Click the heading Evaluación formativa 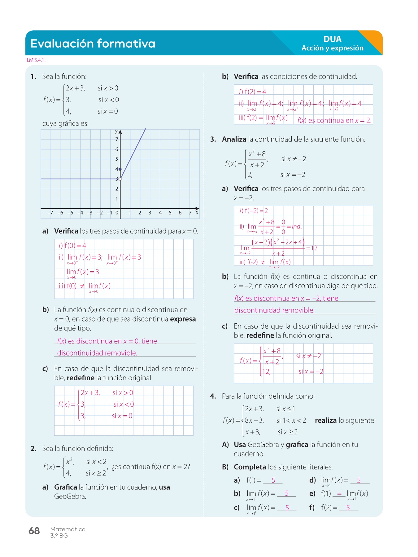[93, 44]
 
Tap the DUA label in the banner [332, 39]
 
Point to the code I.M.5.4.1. [36, 60]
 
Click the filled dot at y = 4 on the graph [120, 169]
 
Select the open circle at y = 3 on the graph [120, 179]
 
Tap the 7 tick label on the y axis [117, 140]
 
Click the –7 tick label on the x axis [50, 213]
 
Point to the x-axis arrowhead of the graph [197, 209]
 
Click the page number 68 [34, 531]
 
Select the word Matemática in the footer [68, 529]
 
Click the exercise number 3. [213, 140]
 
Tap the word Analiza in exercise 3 [234, 140]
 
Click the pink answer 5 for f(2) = [348, 508]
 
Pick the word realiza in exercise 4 [325, 421]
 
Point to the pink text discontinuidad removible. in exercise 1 [97, 353]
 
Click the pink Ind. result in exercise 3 [297, 227]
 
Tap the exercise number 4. [213, 396]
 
